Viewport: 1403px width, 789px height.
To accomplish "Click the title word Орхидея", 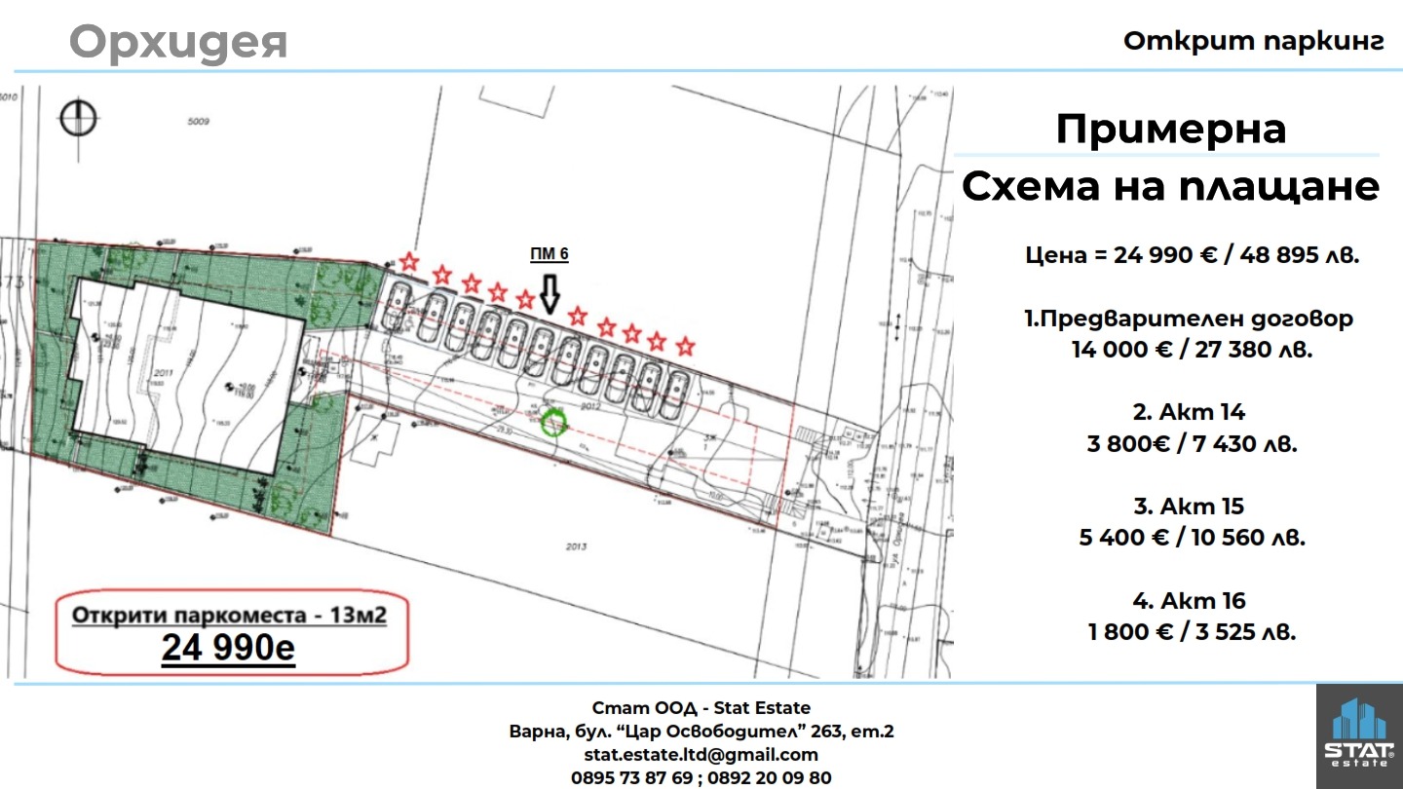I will tap(178, 42).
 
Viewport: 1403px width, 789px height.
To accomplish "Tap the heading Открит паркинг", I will tap(1253, 41).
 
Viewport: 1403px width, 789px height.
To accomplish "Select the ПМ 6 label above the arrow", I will tap(549, 254).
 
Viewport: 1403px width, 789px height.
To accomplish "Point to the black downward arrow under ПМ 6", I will tap(550, 292).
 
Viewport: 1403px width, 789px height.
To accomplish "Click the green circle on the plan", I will tap(552, 423).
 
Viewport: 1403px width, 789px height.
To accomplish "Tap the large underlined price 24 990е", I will tap(228, 647).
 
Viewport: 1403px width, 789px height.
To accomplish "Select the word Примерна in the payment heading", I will tap(1170, 129).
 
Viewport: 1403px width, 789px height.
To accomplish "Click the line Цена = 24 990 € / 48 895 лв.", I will tap(1192, 255).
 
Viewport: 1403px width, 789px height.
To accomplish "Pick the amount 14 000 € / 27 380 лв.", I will tap(1192, 350).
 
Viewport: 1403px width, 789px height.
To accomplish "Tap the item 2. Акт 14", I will tap(1189, 412).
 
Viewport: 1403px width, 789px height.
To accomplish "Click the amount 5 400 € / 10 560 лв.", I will tap(1192, 537).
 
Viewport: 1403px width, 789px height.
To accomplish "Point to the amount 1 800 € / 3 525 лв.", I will tap(1192, 631).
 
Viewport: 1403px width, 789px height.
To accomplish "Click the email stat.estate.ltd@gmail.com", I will tap(701, 754).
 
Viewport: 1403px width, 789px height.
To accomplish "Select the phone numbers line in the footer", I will tap(701, 777).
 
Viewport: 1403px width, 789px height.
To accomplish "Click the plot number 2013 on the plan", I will tap(576, 546).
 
